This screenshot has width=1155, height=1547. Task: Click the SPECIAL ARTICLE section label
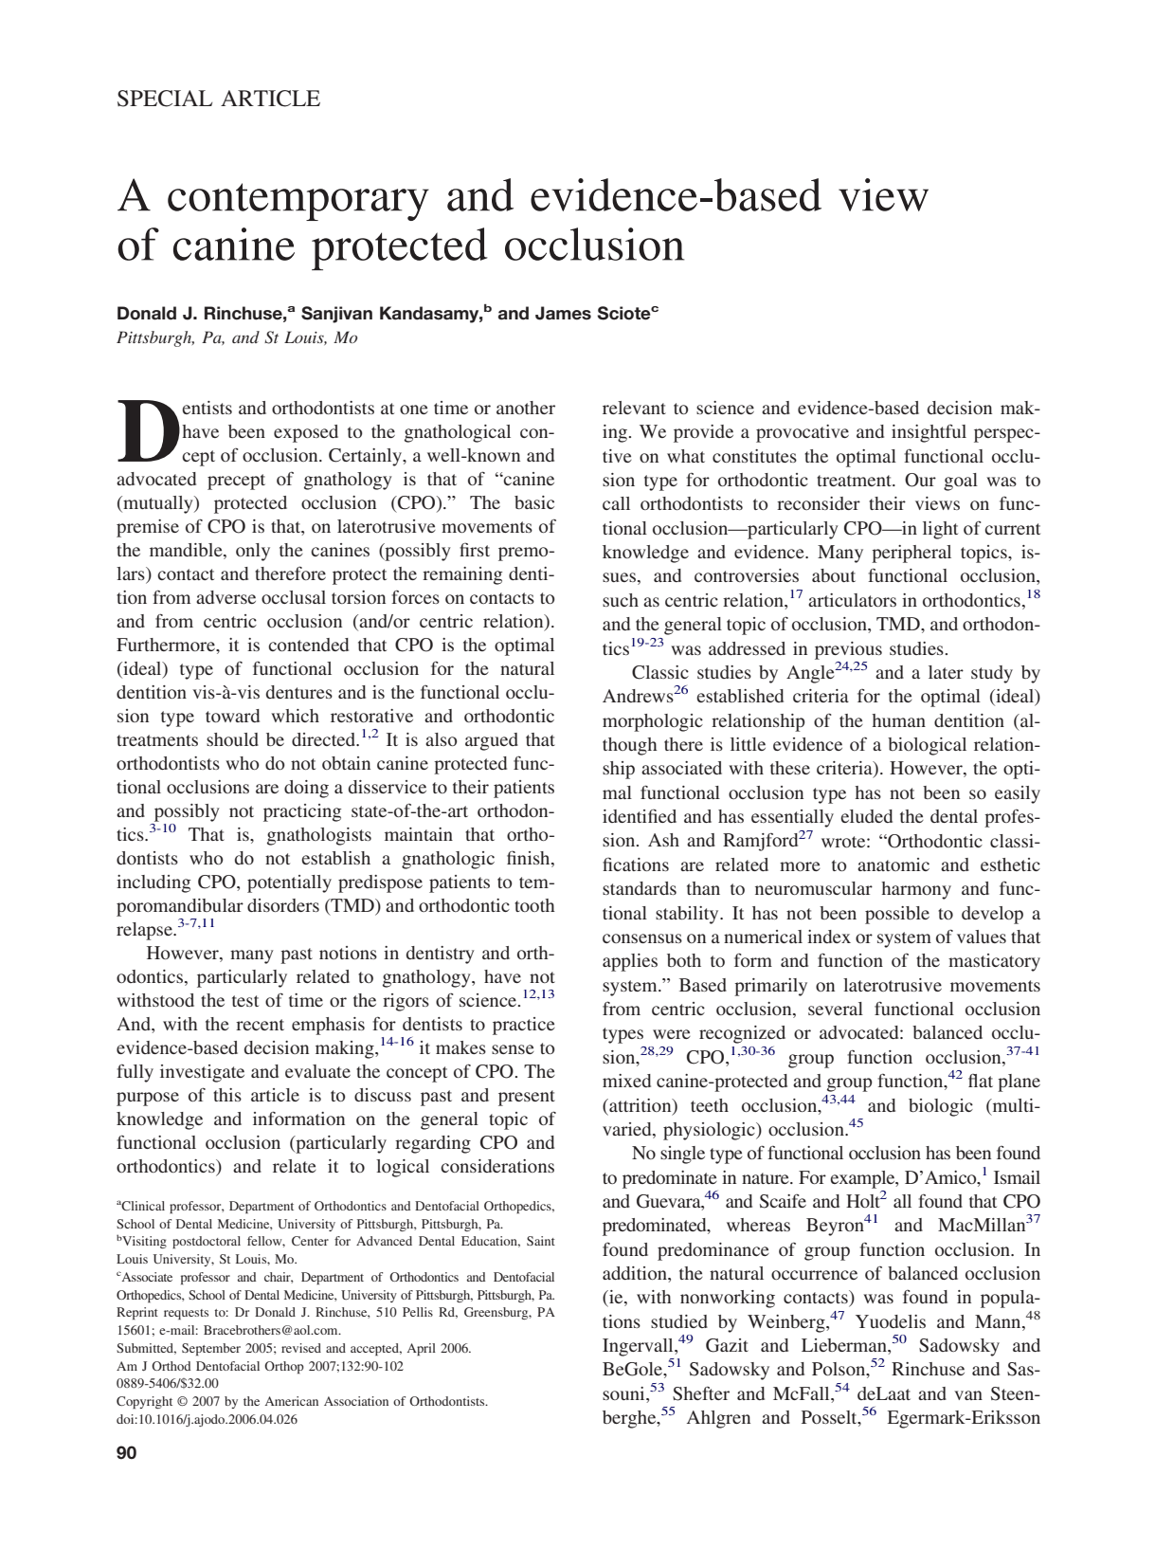218,99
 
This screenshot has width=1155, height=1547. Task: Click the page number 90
126,1453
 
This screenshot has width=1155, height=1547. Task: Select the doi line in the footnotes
207,1419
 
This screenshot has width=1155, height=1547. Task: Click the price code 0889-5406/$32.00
167,1384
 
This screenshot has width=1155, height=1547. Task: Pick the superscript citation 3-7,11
196,923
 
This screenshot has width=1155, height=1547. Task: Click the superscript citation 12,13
538,994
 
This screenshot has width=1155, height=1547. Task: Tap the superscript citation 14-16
396,1042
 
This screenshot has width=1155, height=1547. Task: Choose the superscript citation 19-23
648,644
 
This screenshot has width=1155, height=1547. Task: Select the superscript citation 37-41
1022,1051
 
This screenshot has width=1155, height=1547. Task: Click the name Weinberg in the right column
786,1321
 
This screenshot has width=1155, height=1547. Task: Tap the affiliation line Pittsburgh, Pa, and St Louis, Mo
237,338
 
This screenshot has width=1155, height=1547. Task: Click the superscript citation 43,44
838,1100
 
